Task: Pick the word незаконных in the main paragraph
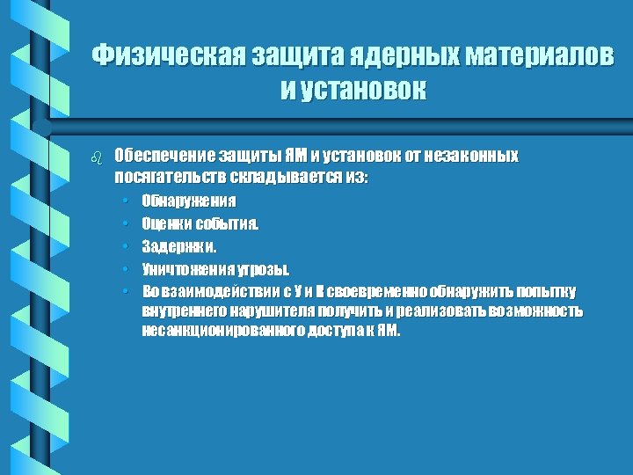click(x=474, y=157)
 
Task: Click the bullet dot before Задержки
click(x=127, y=246)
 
